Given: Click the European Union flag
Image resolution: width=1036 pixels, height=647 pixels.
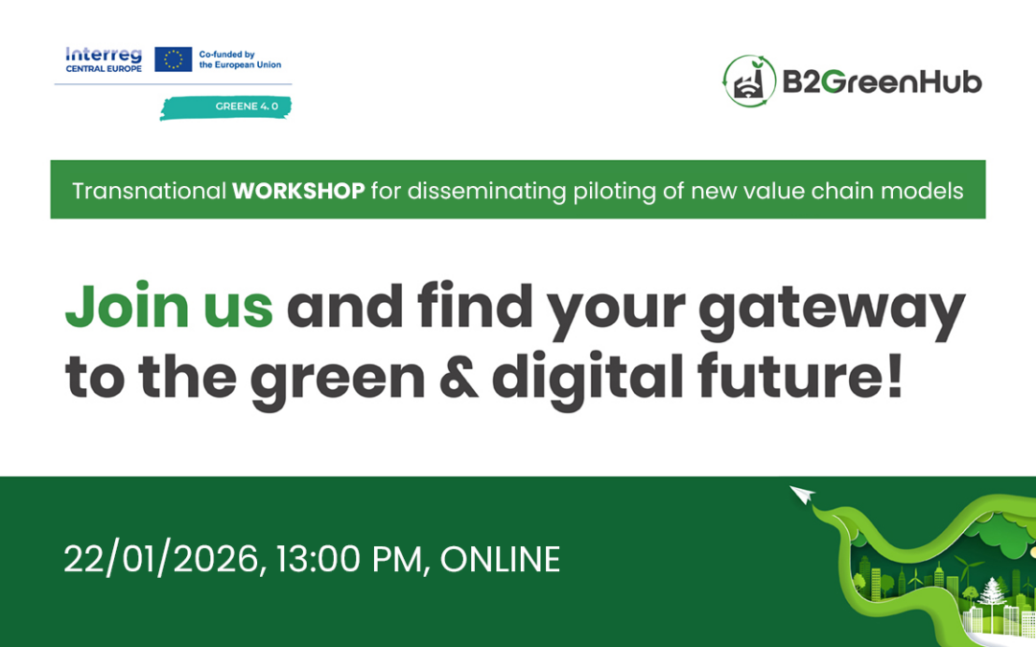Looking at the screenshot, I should (173, 59).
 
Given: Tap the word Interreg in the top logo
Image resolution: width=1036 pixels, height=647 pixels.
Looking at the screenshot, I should (103, 55).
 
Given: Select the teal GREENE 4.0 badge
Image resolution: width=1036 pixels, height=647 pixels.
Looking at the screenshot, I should (226, 106).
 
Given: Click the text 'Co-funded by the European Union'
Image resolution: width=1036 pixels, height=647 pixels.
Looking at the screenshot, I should (240, 59).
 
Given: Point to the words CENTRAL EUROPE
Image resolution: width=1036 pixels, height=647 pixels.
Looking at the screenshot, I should (103, 69).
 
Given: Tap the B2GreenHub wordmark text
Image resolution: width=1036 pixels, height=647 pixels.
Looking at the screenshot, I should (883, 82).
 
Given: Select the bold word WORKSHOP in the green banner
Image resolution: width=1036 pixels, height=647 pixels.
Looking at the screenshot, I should (298, 191).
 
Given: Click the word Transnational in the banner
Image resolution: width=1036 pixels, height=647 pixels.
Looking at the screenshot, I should (149, 191).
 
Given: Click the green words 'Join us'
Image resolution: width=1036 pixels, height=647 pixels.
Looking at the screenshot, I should (169, 307).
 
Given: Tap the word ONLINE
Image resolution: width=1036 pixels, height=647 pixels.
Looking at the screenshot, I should (500, 559).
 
